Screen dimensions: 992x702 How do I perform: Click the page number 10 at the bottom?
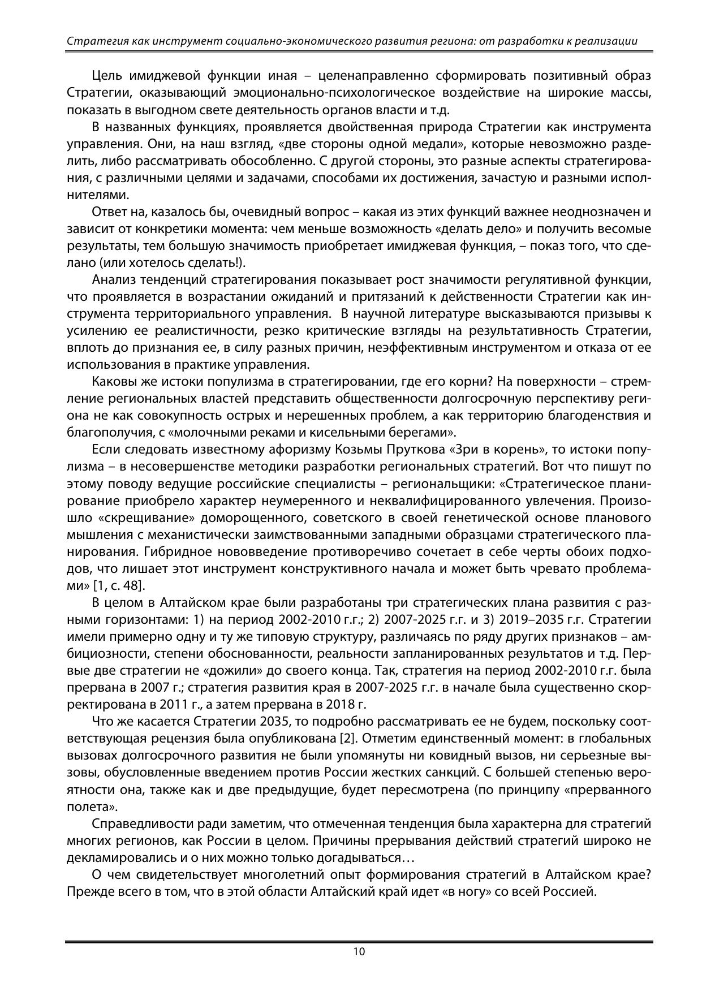[359, 951]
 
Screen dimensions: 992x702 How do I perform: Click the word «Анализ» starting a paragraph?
[110, 280]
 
